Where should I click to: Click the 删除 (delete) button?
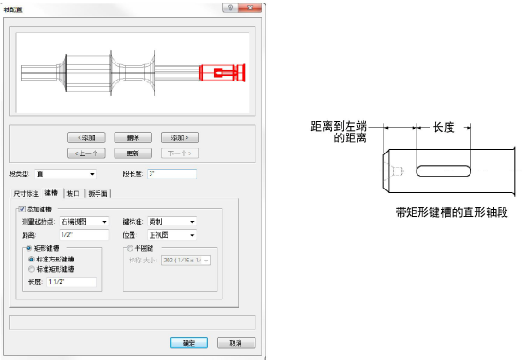pyautogui.click(x=133, y=137)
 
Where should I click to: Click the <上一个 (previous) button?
pyautogui.click(x=86, y=153)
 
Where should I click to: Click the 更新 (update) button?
pyautogui.click(x=133, y=153)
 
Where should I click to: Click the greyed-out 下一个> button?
pyautogui.click(x=179, y=153)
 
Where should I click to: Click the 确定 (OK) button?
pyautogui.click(x=183, y=342)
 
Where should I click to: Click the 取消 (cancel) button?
pyautogui.click(x=228, y=342)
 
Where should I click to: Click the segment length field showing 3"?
pyautogui.click(x=170, y=174)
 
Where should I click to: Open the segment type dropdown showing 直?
pyautogui.click(x=65, y=174)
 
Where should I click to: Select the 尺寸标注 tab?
pyautogui.click(x=26, y=192)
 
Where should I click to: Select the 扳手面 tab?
pyautogui.click(x=98, y=192)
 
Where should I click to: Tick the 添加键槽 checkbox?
pyautogui.click(x=22, y=208)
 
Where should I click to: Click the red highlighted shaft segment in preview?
pyautogui.click(x=222, y=73)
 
